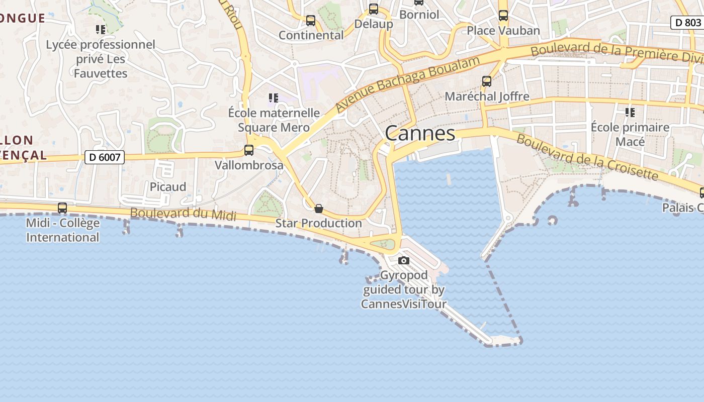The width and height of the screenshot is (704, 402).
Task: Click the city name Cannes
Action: (420, 134)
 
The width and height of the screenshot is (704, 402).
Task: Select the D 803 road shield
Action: (686, 23)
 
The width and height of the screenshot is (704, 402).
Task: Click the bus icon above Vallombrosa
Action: (248, 150)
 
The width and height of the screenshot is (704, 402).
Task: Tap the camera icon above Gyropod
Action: (403, 260)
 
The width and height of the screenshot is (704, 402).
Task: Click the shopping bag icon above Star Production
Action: (318, 209)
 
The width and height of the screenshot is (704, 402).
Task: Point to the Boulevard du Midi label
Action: (183, 214)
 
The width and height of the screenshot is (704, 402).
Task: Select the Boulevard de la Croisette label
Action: (587, 157)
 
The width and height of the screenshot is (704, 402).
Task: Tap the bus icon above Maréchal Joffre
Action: (486, 81)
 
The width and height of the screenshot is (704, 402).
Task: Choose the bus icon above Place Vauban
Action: (503, 16)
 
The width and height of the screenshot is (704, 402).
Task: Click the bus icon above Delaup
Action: (373, 9)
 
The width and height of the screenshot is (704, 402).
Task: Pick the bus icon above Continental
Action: (311, 21)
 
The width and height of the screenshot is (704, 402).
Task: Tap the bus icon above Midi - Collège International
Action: (62, 208)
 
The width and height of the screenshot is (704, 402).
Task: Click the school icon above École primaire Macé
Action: (630, 113)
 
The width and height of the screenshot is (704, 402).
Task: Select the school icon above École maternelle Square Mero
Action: (273, 97)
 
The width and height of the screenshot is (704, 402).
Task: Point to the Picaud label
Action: (167, 187)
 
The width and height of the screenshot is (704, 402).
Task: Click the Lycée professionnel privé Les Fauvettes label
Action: (101, 59)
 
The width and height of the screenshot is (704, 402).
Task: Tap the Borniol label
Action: (419, 15)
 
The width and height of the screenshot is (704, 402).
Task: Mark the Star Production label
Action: (318, 223)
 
